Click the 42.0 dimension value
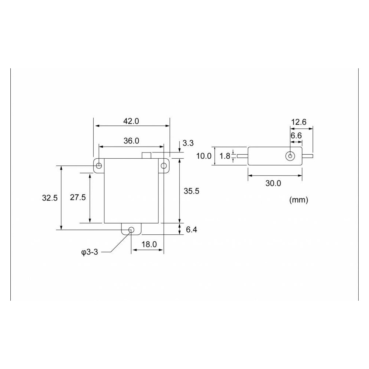pyautogui.click(x=131, y=121)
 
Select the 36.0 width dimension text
pyautogui.click(x=131, y=141)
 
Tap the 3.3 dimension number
pyautogui.click(x=188, y=143)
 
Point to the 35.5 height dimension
pyautogui.click(x=191, y=191)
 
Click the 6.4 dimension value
pyautogui.click(x=191, y=230)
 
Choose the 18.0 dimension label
pyautogui.click(x=149, y=245)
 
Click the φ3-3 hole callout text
pyautogui.click(x=90, y=252)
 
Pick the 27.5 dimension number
pyautogui.click(x=78, y=197)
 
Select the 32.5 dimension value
pyautogui.click(x=50, y=198)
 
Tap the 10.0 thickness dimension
pyautogui.click(x=204, y=156)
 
